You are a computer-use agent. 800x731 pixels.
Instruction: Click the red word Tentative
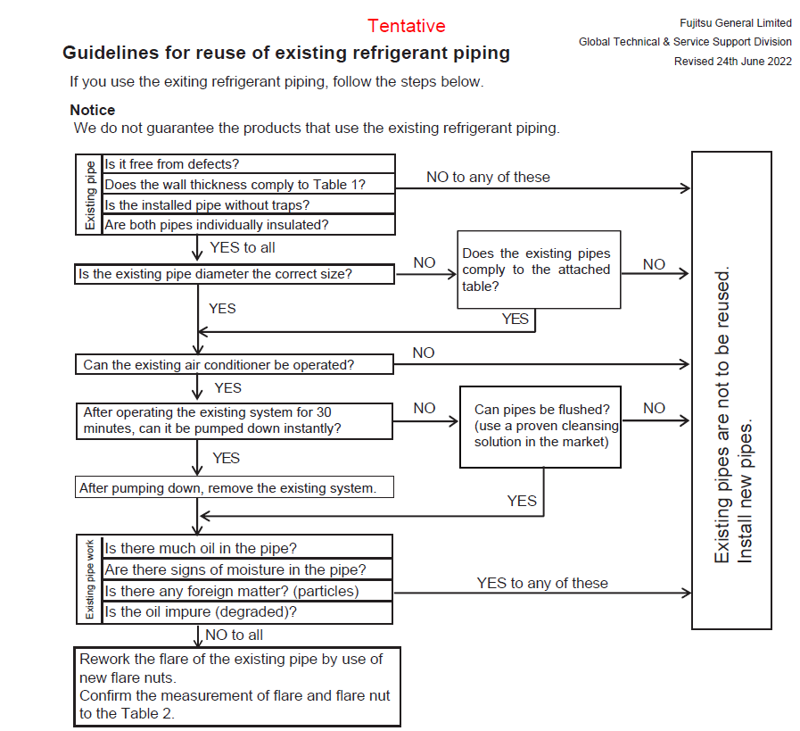[406, 26]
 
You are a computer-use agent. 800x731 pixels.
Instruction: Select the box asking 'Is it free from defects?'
[249, 164]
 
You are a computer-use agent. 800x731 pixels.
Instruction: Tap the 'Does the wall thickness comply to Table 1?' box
[249, 185]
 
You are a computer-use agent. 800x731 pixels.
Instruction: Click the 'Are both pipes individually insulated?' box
[249, 225]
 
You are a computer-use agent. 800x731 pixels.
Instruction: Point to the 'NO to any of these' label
[488, 177]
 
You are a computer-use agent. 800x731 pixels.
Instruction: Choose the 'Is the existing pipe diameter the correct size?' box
[235, 274]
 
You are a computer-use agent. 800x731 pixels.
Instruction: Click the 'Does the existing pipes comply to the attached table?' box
[539, 270]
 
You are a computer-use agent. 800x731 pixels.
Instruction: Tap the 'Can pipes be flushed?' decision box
[547, 426]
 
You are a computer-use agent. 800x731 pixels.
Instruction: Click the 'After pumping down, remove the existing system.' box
[234, 488]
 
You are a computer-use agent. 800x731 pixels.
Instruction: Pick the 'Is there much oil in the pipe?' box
[248, 547]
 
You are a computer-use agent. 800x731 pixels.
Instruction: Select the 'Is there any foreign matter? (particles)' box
[248, 591]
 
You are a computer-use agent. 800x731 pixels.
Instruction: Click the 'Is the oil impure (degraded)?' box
[248, 612]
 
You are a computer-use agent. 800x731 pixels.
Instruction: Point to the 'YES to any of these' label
[542, 583]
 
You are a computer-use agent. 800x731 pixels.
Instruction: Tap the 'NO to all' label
[235, 635]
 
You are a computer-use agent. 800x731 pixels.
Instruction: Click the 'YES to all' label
[243, 247]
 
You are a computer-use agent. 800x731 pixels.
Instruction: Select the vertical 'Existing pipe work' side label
[90, 579]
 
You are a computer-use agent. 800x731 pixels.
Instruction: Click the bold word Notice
[93, 110]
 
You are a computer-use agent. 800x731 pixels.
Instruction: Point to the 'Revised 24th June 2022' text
[732, 61]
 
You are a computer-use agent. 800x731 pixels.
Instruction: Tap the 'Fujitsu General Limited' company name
[736, 21]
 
